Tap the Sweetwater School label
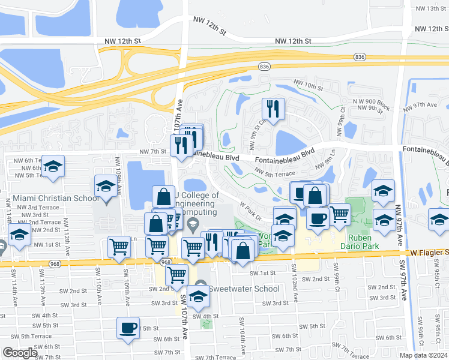pyautogui.click(x=244, y=289)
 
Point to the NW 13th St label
pyautogui.click(x=427, y=8)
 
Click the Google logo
pyautogui.click(x=20, y=353)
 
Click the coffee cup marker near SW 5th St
pyautogui.click(x=128, y=328)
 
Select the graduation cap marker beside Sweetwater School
pyautogui.click(x=198, y=296)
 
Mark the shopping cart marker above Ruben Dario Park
pyautogui.click(x=340, y=214)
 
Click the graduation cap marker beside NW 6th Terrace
pyautogui.click(x=53, y=167)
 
